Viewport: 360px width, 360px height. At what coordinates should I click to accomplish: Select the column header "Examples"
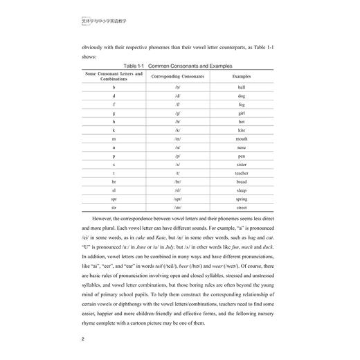(242, 75)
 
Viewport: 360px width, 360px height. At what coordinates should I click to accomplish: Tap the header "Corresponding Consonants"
(178, 75)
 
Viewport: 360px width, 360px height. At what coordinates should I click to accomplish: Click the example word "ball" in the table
(242, 88)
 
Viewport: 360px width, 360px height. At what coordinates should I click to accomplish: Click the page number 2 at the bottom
(83, 339)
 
